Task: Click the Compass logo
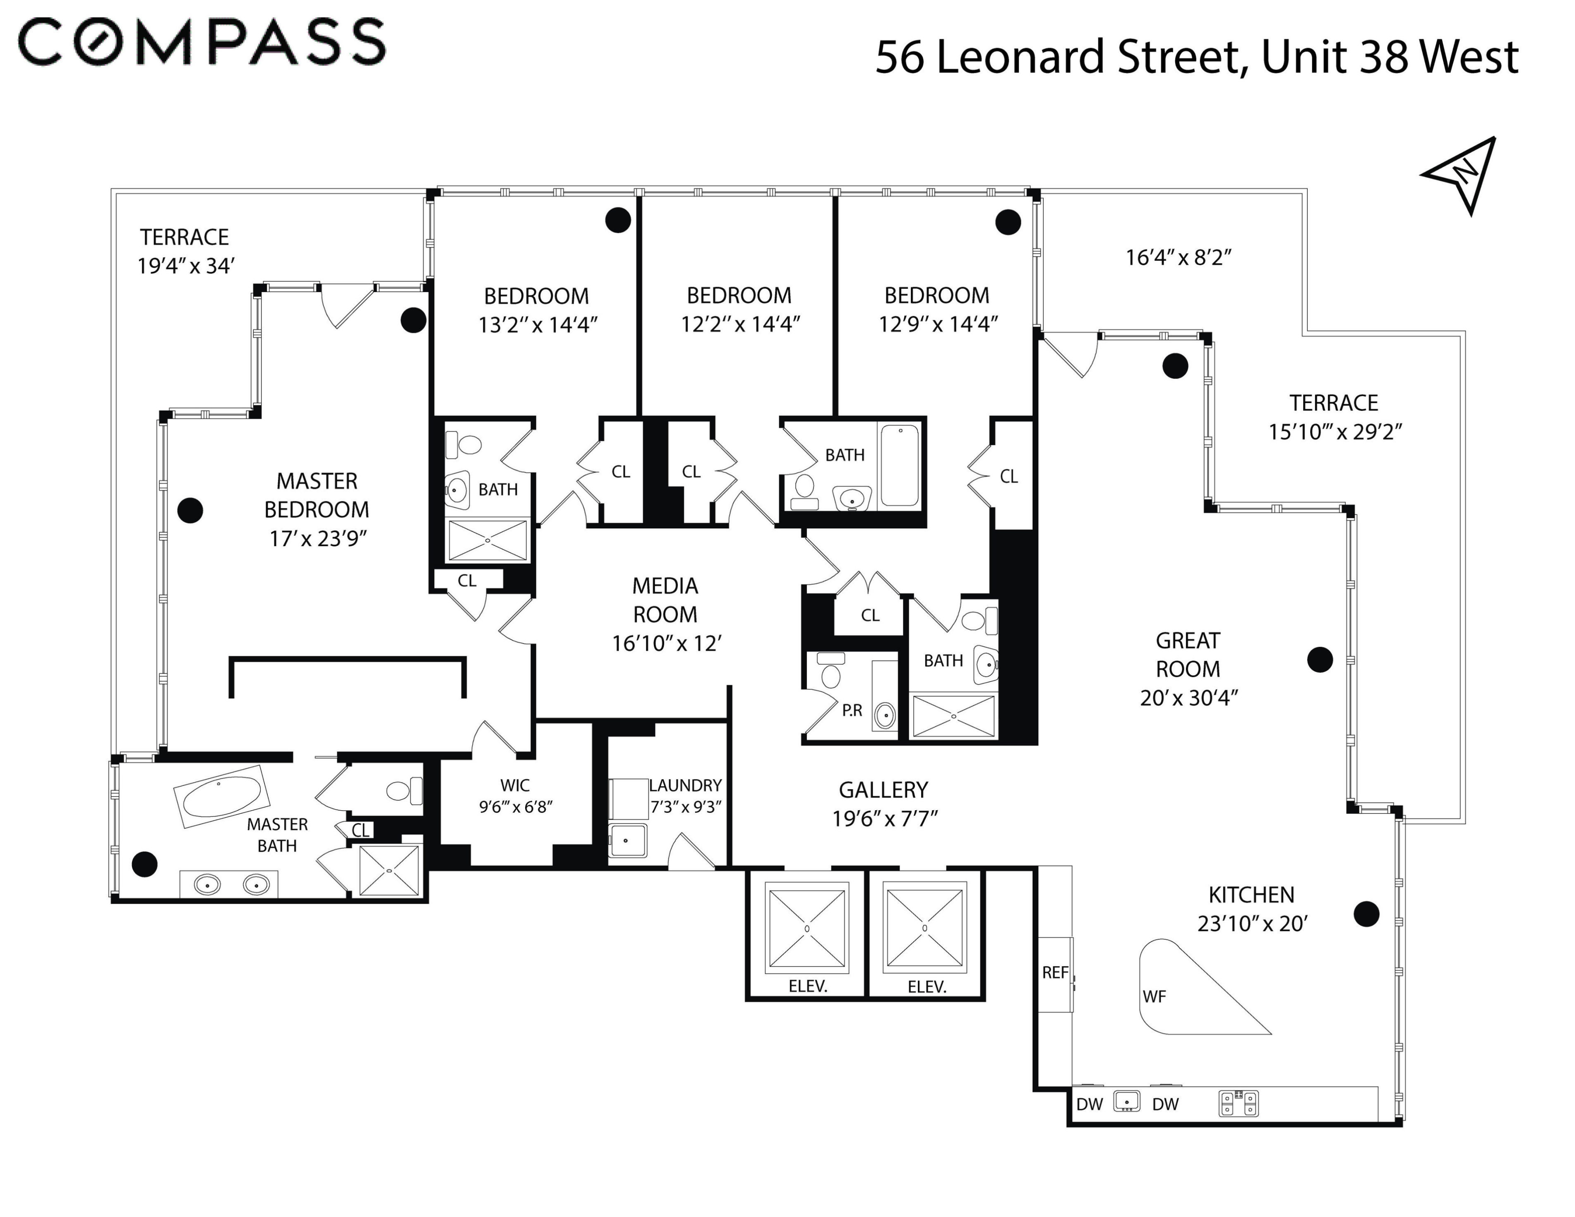(x=202, y=42)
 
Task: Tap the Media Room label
(x=665, y=600)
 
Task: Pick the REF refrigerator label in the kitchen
(x=1055, y=972)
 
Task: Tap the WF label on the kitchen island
(x=1154, y=996)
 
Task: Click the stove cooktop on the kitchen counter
(x=1238, y=1103)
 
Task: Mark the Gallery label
(x=884, y=790)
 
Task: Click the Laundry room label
(x=685, y=785)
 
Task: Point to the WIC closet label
(x=515, y=785)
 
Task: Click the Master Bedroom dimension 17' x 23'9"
(x=318, y=538)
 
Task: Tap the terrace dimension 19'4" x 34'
(x=186, y=266)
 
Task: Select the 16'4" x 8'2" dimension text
(x=1179, y=257)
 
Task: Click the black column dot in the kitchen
(x=1366, y=914)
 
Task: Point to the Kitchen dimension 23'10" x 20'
(x=1253, y=924)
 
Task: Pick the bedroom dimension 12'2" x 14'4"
(x=741, y=324)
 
